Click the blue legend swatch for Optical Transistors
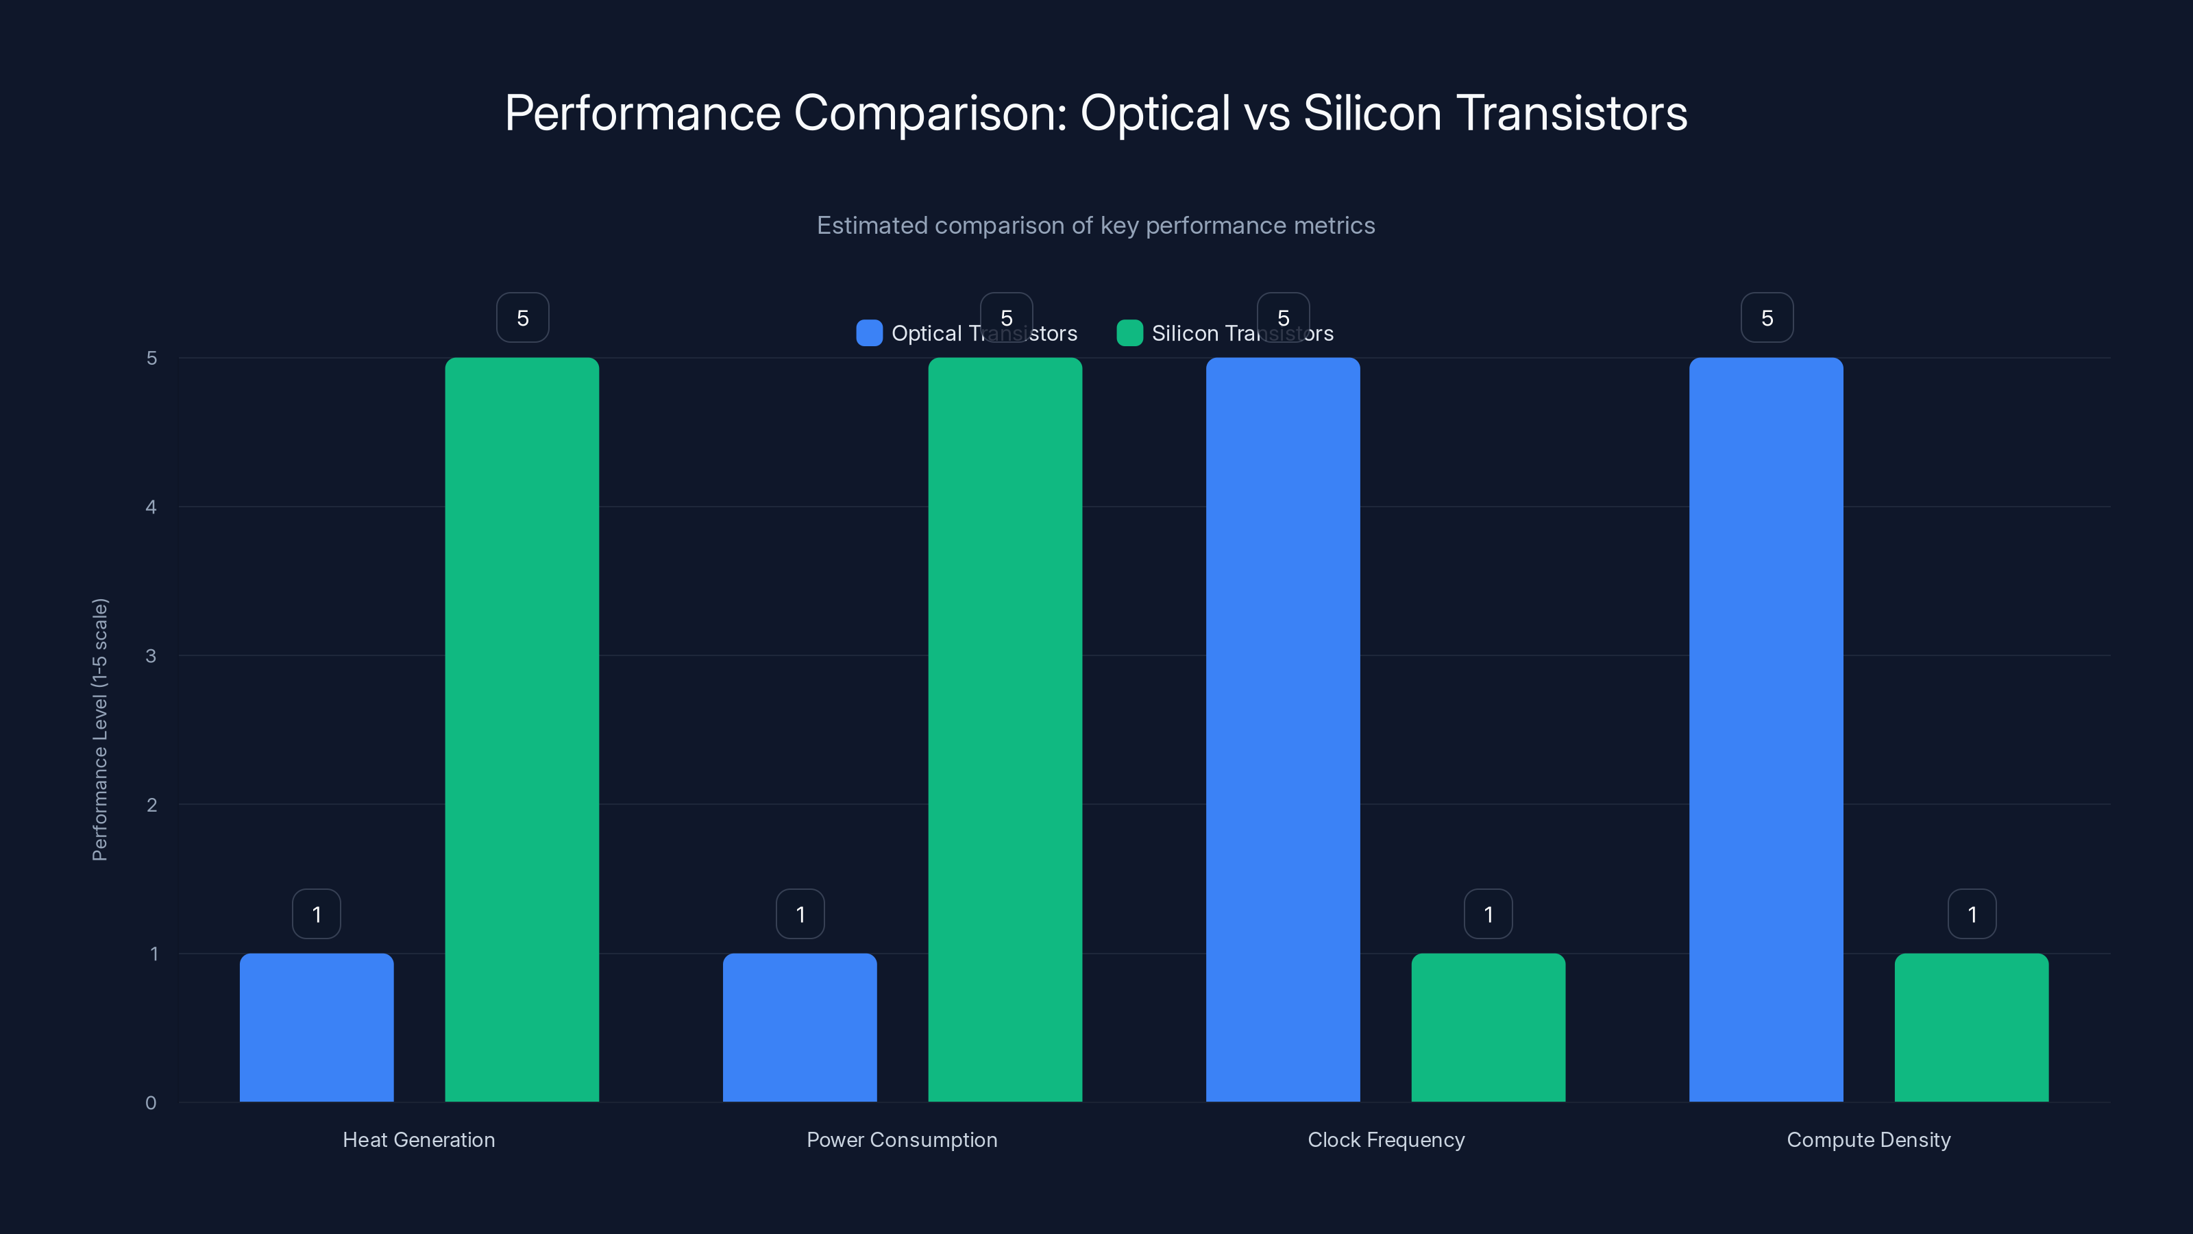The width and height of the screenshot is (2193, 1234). pos(869,333)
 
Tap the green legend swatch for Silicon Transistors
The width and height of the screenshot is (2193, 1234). pos(1129,333)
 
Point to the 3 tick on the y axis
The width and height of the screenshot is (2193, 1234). pos(151,656)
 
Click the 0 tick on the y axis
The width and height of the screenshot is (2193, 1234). pos(151,1103)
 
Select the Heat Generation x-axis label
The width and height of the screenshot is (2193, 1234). pos(419,1139)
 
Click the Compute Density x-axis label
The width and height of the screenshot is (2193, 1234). pos(1869,1139)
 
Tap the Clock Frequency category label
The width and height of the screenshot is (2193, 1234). pos(1386,1139)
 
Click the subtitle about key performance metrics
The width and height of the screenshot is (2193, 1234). pos(1096,226)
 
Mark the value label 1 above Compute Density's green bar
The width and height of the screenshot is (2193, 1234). pos(1972,915)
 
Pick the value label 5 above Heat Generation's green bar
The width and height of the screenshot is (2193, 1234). pos(523,317)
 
